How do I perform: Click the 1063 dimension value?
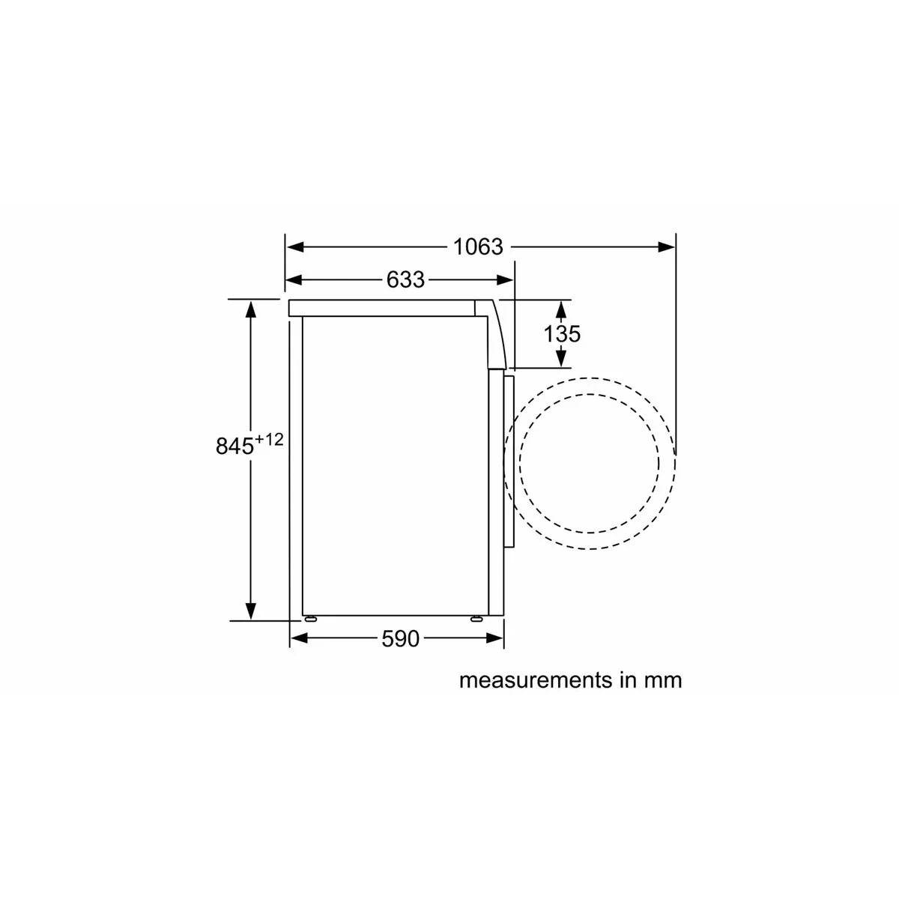tap(478, 246)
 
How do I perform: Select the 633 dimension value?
tap(405, 280)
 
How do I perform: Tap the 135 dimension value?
tap(562, 333)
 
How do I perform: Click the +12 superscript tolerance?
tap(269, 440)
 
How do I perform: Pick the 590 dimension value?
tap(401, 639)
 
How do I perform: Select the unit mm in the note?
tap(662, 680)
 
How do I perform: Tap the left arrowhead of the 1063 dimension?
tap(294, 246)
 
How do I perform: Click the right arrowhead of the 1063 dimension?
tap(667, 246)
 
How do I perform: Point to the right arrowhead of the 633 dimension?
tap(506, 280)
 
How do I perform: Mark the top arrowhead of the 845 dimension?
tap(251, 307)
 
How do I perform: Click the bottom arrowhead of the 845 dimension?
tap(251, 611)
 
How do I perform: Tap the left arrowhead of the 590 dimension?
tap(298, 638)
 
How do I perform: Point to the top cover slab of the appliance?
tap(382, 308)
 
